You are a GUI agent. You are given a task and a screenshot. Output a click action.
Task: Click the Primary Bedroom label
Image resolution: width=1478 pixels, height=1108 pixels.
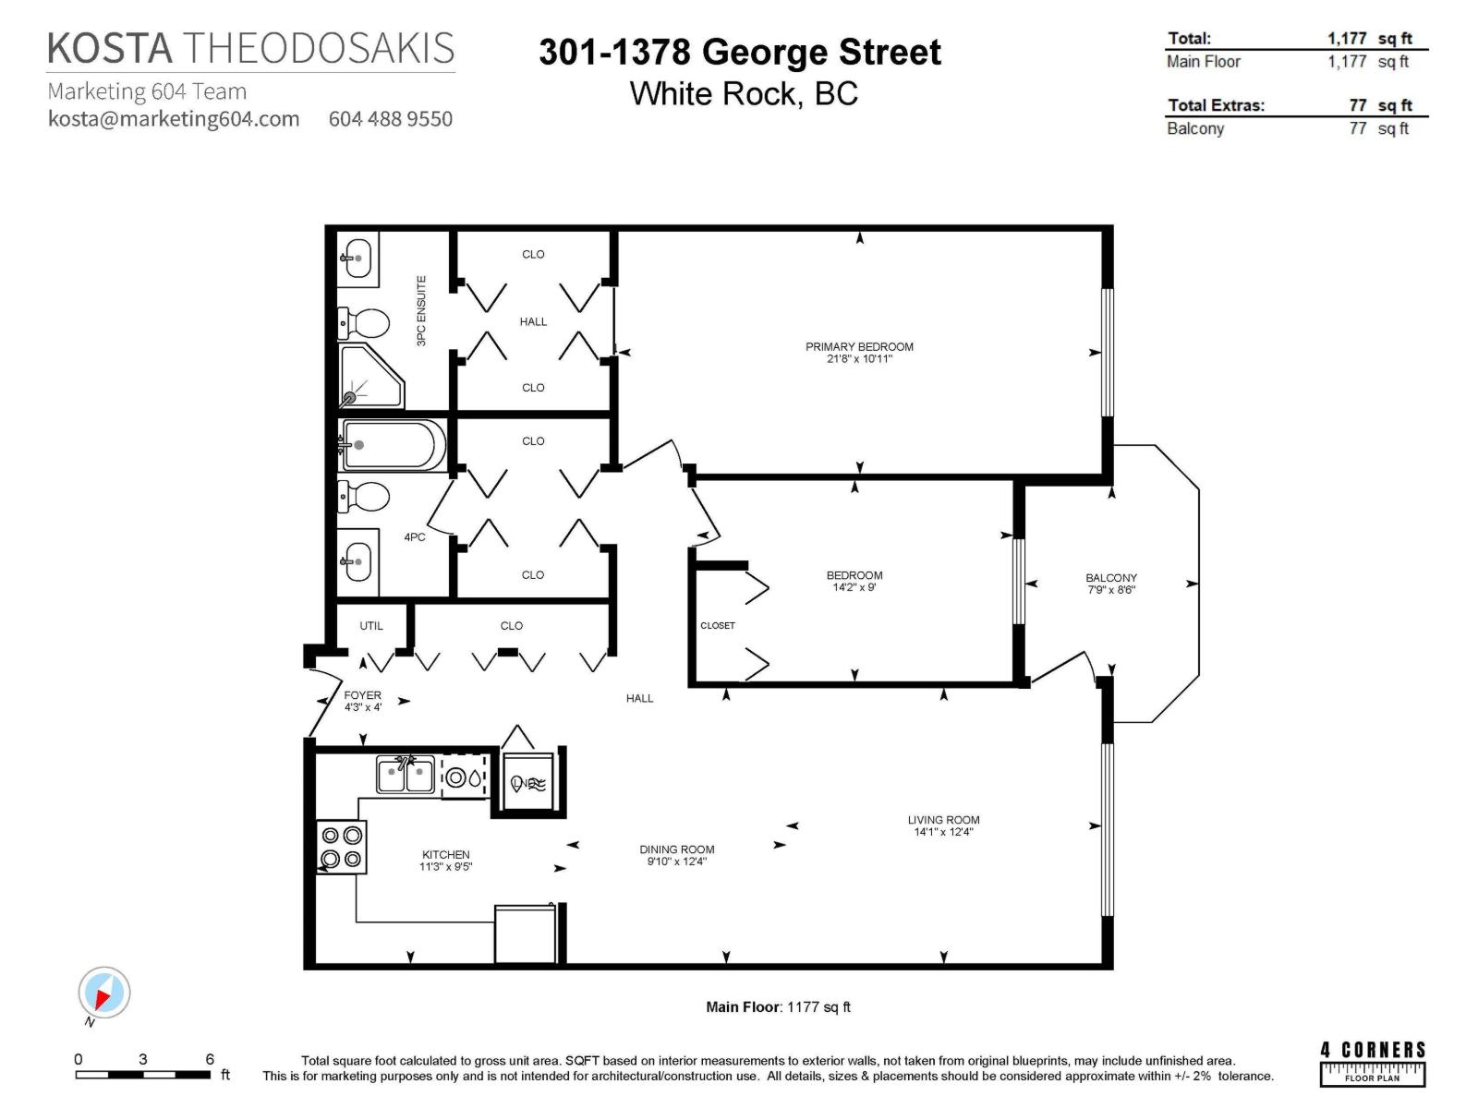point(859,347)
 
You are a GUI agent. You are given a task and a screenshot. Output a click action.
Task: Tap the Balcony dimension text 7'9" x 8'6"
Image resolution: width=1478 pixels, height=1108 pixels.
point(1111,590)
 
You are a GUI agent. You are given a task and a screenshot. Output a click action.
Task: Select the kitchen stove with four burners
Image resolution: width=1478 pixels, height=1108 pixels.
point(341,848)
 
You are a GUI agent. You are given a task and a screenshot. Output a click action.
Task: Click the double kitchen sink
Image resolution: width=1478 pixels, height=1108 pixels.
point(406,774)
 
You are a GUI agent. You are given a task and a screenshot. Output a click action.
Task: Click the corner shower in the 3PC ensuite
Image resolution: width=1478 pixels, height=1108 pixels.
point(369,377)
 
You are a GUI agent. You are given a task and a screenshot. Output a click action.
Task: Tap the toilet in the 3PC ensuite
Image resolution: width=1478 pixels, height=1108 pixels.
point(364,323)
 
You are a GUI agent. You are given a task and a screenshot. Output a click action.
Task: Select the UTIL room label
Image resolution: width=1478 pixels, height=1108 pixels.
point(371,626)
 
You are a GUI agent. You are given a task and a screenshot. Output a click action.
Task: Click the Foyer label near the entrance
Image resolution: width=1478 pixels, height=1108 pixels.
point(362,695)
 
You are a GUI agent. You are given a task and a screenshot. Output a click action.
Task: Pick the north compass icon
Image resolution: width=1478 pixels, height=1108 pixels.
point(103,994)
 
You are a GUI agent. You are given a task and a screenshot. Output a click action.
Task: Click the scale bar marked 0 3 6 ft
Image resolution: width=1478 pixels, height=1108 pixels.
point(143,1073)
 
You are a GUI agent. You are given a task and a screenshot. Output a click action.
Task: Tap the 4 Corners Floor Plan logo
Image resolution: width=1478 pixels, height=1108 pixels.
point(1372,1063)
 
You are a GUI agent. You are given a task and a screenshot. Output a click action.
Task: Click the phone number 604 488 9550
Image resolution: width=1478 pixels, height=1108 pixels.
point(391,119)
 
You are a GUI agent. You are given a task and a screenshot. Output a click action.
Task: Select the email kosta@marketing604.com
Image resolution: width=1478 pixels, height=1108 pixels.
point(174,119)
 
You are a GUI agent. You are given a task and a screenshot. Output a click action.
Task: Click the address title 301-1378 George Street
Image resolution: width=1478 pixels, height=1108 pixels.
point(740,52)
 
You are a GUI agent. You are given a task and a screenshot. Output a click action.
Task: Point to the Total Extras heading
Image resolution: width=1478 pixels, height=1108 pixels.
point(1216,105)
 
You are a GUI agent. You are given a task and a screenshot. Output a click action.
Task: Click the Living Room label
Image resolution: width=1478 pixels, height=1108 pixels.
point(943,820)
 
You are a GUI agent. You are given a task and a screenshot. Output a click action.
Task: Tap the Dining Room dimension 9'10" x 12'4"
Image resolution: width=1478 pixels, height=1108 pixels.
point(676,861)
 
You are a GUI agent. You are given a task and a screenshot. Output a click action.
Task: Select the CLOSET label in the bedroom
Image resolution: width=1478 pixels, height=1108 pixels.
point(718,626)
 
